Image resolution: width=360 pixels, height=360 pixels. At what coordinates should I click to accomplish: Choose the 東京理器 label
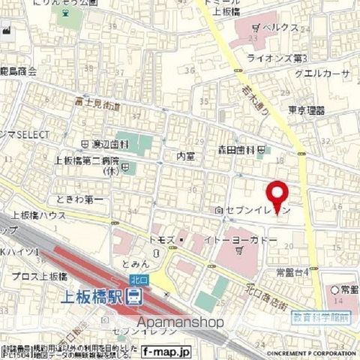[x=307, y=110]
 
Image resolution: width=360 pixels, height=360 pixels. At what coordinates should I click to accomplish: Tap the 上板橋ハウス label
[x=37, y=214]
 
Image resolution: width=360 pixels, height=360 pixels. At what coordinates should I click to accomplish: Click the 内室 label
[x=184, y=156]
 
